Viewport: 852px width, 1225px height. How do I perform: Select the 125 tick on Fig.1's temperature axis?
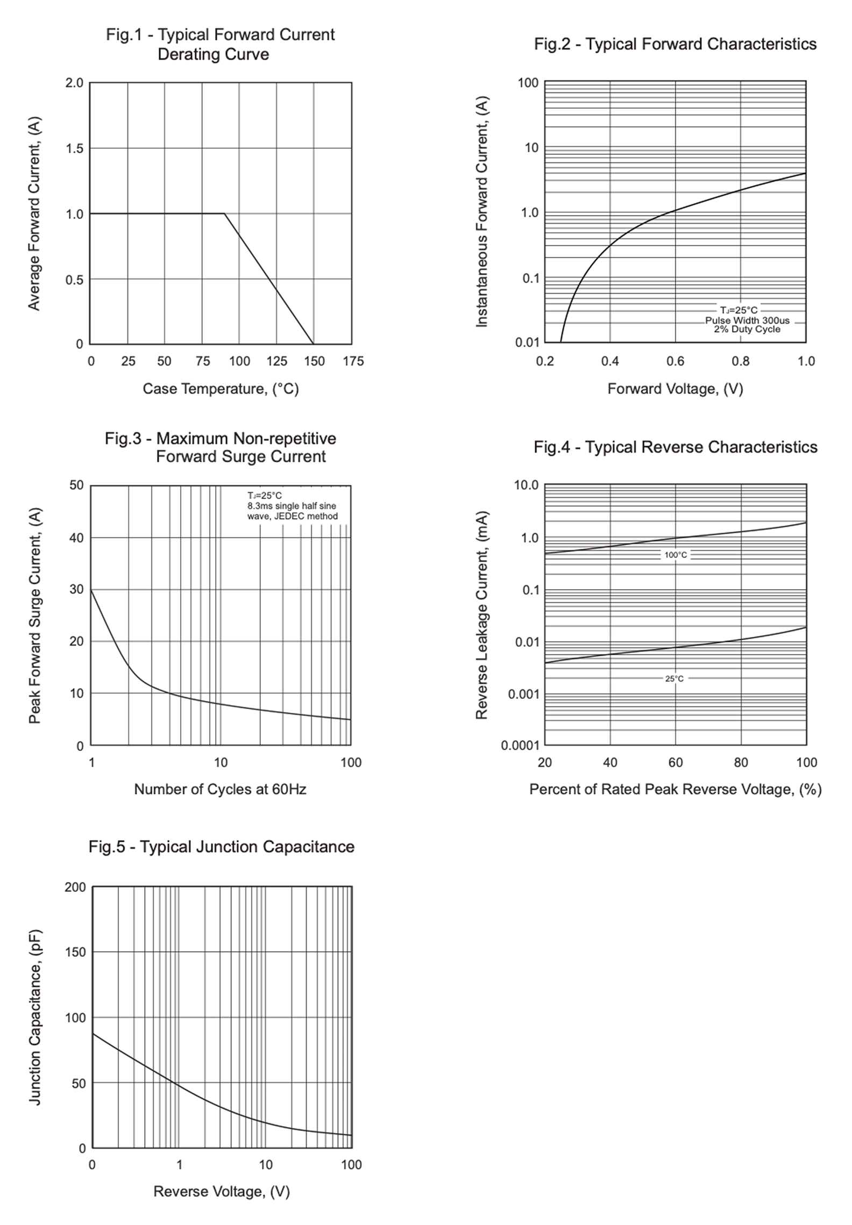[276, 361]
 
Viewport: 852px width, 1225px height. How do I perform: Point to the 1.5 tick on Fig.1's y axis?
[74, 149]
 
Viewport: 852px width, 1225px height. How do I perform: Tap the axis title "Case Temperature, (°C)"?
[221, 389]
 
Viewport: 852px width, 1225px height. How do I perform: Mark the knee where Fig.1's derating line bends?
[224, 214]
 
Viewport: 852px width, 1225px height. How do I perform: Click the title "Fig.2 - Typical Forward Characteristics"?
[675, 44]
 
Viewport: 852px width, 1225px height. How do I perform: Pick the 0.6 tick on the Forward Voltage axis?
[675, 361]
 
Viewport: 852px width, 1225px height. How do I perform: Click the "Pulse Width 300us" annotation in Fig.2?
[747, 320]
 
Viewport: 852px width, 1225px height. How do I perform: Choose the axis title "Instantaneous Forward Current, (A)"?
[482, 212]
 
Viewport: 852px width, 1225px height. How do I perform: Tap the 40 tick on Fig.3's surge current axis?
[76, 538]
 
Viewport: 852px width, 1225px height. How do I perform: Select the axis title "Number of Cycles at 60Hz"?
[220, 789]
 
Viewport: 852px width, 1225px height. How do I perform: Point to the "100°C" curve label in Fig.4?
[676, 555]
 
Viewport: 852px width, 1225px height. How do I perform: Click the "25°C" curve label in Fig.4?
[674, 679]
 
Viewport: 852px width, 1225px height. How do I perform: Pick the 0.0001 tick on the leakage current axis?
[520, 746]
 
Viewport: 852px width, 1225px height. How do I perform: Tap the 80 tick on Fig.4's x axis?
[741, 762]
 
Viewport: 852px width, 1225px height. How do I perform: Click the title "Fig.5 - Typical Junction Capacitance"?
[221, 847]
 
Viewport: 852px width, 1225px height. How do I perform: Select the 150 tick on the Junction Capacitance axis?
[75, 952]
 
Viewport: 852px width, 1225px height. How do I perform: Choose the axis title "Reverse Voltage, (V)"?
[222, 1192]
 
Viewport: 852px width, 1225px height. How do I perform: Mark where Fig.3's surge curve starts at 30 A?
[91, 590]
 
